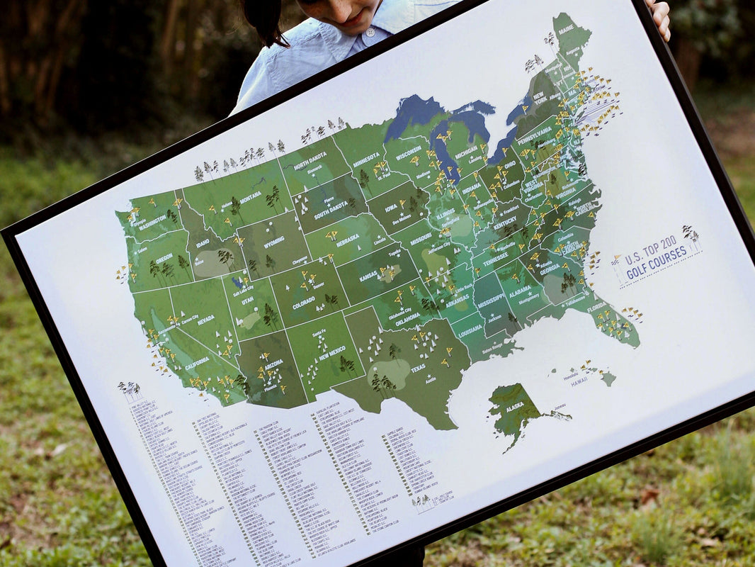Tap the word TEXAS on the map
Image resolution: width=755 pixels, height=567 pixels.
coord(418,368)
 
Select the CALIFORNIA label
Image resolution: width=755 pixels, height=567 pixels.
coord(197,361)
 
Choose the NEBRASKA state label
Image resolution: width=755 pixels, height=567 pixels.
coord(347,241)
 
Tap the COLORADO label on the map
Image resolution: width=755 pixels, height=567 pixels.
coord(303,301)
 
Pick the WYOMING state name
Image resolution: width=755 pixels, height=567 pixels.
coord(273,242)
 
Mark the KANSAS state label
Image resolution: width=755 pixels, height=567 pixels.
coord(368,276)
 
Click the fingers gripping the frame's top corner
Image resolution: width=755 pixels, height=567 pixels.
coord(659,17)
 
